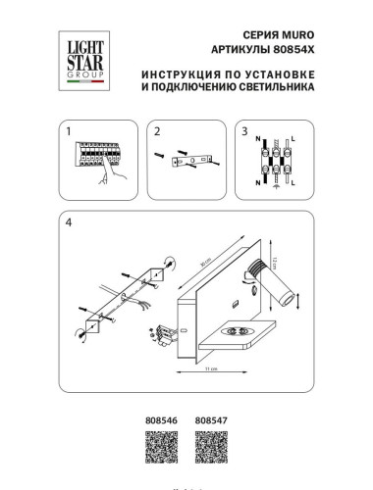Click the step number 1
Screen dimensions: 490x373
click(x=68, y=130)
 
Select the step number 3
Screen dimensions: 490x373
click(x=245, y=130)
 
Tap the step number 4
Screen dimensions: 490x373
click(x=68, y=222)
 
